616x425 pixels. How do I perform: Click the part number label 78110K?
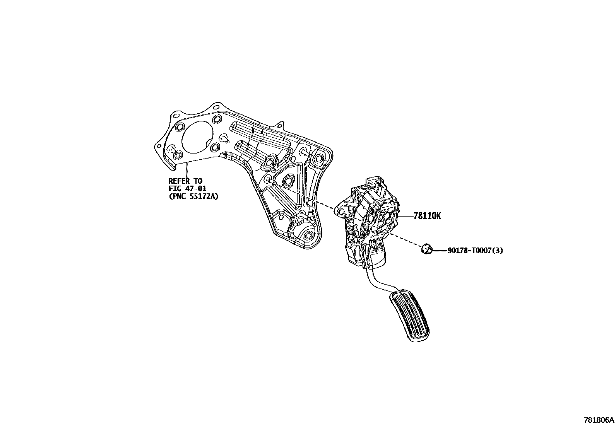[427, 216]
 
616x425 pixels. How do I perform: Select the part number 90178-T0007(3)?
[475, 251]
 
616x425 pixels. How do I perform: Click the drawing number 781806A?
[599, 420]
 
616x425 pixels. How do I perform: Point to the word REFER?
[180, 181]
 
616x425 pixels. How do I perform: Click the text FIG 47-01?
[187, 188]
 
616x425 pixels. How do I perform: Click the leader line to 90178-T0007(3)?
[439, 251]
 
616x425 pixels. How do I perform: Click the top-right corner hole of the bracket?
[319, 158]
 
